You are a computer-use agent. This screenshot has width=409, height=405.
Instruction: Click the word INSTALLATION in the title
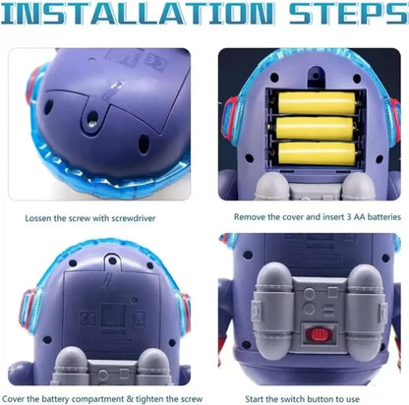point(137,13)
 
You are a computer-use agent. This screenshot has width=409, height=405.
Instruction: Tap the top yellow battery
point(317,103)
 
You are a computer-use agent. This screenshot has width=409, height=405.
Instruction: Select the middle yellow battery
point(315,128)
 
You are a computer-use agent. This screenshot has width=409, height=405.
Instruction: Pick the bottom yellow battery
point(317,153)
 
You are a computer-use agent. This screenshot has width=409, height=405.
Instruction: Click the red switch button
point(318,334)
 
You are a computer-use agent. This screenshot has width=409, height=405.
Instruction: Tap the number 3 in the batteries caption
point(348,217)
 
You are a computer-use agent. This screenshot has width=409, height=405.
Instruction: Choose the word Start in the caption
point(255,399)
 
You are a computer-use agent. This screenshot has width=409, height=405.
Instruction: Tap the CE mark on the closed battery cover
point(88,318)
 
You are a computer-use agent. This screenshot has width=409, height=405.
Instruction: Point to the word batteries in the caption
point(384,217)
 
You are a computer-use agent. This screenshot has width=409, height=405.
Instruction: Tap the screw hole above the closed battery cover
point(112,261)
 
